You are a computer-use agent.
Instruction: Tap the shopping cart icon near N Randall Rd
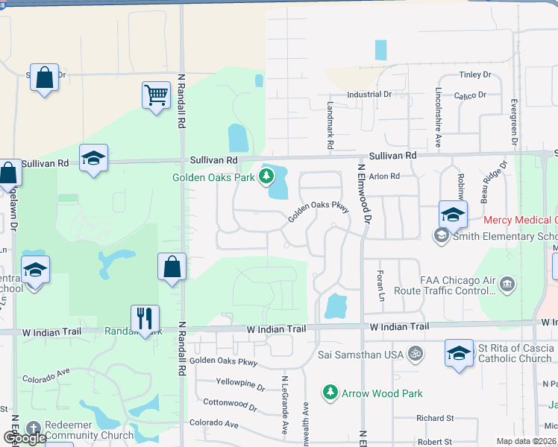[x=157, y=95]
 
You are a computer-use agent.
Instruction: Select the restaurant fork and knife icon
[x=145, y=318]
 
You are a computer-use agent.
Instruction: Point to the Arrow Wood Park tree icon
[x=330, y=392]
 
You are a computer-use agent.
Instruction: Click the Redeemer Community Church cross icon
[x=32, y=428]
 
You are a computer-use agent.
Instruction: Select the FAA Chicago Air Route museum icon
[x=507, y=284]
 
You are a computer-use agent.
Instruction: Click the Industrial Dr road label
[x=369, y=95]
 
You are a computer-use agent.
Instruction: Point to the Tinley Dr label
[x=475, y=74]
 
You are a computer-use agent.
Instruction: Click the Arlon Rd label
[x=384, y=177]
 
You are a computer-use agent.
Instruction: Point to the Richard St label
[x=435, y=419]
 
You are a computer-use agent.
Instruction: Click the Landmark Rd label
[x=330, y=124]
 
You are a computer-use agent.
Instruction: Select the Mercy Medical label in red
[x=520, y=220]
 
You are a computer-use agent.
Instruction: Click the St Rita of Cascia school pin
[x=459, y=353]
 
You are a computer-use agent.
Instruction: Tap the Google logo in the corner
[x=25, y=438]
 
